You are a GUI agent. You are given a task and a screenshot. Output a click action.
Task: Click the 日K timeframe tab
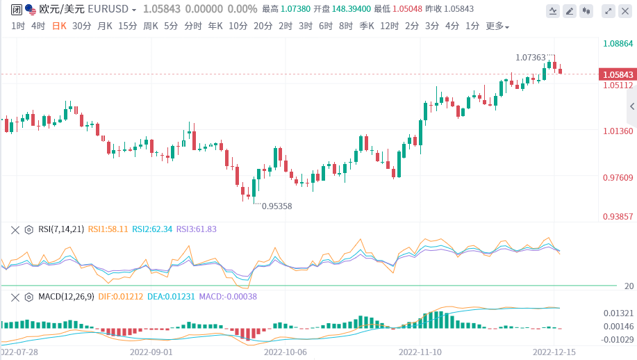(59, 26)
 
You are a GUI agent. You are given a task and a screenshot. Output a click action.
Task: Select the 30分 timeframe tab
(81, 26)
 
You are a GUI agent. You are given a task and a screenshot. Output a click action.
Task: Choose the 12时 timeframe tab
(389, 26)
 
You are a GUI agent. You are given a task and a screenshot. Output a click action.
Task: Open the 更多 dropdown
(497, 26)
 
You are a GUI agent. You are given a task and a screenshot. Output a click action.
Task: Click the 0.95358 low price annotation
(276, 206)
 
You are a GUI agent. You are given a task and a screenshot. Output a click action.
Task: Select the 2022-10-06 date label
(286, 352)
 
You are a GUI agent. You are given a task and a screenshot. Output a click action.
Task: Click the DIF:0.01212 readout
(122, 297)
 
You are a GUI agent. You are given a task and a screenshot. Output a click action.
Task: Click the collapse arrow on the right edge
(632, 106)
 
